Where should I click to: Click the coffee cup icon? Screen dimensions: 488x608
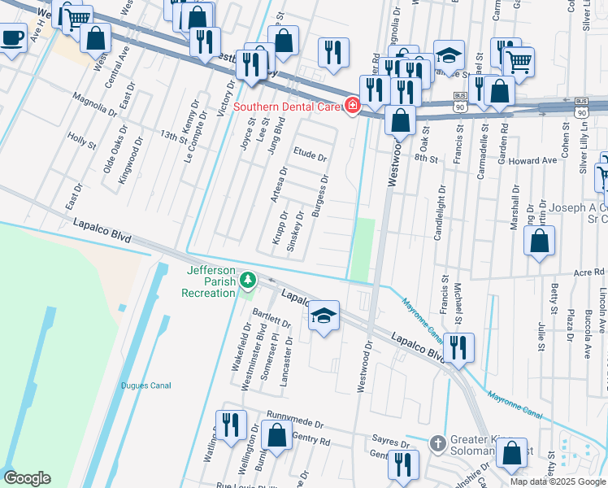(12, 37)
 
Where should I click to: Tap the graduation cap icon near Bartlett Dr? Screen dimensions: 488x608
(324, 316)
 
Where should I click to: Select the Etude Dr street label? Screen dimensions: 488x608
(310, 156)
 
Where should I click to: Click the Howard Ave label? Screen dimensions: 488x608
(532, 161)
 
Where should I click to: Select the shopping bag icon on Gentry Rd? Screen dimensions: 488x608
(277, 434)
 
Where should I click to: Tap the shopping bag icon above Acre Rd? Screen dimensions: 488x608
(540, 242)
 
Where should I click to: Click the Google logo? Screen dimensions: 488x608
(27, 478)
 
